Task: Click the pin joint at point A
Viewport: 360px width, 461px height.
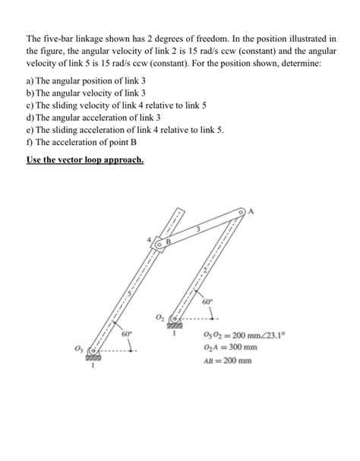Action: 242,211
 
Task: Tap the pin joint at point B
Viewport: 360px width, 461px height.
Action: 159,244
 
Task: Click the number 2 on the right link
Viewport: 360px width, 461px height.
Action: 204,270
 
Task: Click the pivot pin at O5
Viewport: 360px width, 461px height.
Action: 94,352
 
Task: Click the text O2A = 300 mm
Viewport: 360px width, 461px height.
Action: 230,347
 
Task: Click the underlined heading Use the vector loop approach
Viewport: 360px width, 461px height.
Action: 85,161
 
